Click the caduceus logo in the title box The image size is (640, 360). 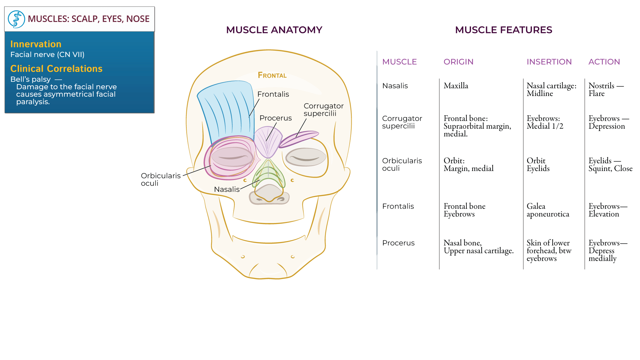coord(16,19)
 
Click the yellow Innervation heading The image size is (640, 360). coord(36,44)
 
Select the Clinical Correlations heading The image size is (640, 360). coord(56,69)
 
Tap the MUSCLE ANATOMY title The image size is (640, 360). coord(274,30)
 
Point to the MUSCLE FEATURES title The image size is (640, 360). coord(504,30)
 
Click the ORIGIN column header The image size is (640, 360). coord(458,62)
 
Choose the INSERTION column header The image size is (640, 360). coord(549,62)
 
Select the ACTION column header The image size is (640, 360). coord(604,62)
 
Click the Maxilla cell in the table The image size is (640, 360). coord(456,86)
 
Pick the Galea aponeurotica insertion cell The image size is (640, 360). coord(548,210)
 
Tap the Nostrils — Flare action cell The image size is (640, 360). coord(606,89)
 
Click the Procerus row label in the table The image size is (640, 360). coord(398,243)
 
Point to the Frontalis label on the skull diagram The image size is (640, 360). coord(273,94)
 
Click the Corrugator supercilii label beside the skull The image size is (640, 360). coord(323,110)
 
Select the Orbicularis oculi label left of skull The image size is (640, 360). coord(161,179)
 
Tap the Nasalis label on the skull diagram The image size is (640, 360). coord(227,189)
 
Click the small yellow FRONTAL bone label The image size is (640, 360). coord(272,75)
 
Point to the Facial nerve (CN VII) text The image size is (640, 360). coord(47,55)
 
